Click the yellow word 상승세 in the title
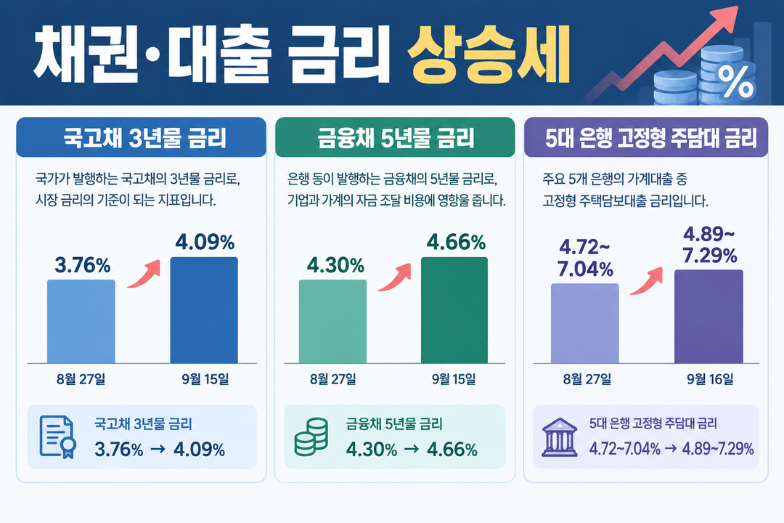click(x=489, y=53)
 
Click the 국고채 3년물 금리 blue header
click(x=141, y=137)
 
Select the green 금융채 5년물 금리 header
click(x=395, y=137)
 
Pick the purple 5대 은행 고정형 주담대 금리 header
click(x=646, y=137)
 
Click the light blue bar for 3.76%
click(x=81, y=321)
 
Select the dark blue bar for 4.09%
click(x=204, y=310)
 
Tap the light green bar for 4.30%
click(x=332, y=321)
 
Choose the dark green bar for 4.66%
click(x=454, y=310)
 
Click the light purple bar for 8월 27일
click(x=585, y=323)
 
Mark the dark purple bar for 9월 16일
click(x=709, y=316)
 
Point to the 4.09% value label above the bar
click(x=205, y=243)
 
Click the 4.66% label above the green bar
click(x=456, y=243)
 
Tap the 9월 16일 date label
click(x=710, y=379)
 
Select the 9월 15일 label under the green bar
click(x=454, y=379)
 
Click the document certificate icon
click(x=57, y=437)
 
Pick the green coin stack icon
click(x=311, y=437)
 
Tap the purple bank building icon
click(x=560, y=437)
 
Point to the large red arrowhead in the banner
click(x=726, y=17)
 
